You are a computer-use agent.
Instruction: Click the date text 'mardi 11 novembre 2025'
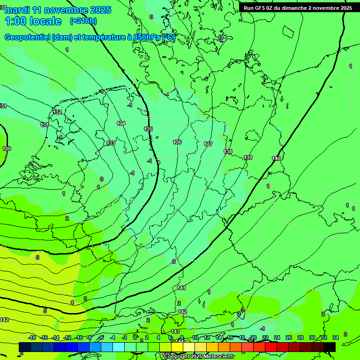click(x=58, y=10)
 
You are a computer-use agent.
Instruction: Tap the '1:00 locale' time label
click(x=33, y=21)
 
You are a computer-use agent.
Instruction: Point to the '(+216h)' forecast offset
click(x=83, y=21)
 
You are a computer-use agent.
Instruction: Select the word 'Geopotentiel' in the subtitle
click(x=27, y=37)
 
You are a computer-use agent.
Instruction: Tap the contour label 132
click(x=57, y=112)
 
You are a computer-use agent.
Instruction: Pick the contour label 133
click(x=111, y=143)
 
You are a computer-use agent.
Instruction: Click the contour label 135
click(x=148, y=129)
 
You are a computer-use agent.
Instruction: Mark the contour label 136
click(x=177, y=142)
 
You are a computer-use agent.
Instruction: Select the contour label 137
click(x=209, y=144)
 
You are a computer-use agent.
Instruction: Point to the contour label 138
click(x=228, y=151)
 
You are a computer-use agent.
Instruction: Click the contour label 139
click(x=248, y=157)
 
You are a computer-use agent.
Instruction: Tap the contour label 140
click(x=276, y=159)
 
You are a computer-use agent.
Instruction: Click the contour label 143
click(x=175, y=331)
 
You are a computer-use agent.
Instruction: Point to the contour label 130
click(x=7, y=149)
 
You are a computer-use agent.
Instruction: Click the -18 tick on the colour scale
click(x=32, y=337)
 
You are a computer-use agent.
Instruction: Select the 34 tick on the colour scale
click(x=336, y=337)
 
